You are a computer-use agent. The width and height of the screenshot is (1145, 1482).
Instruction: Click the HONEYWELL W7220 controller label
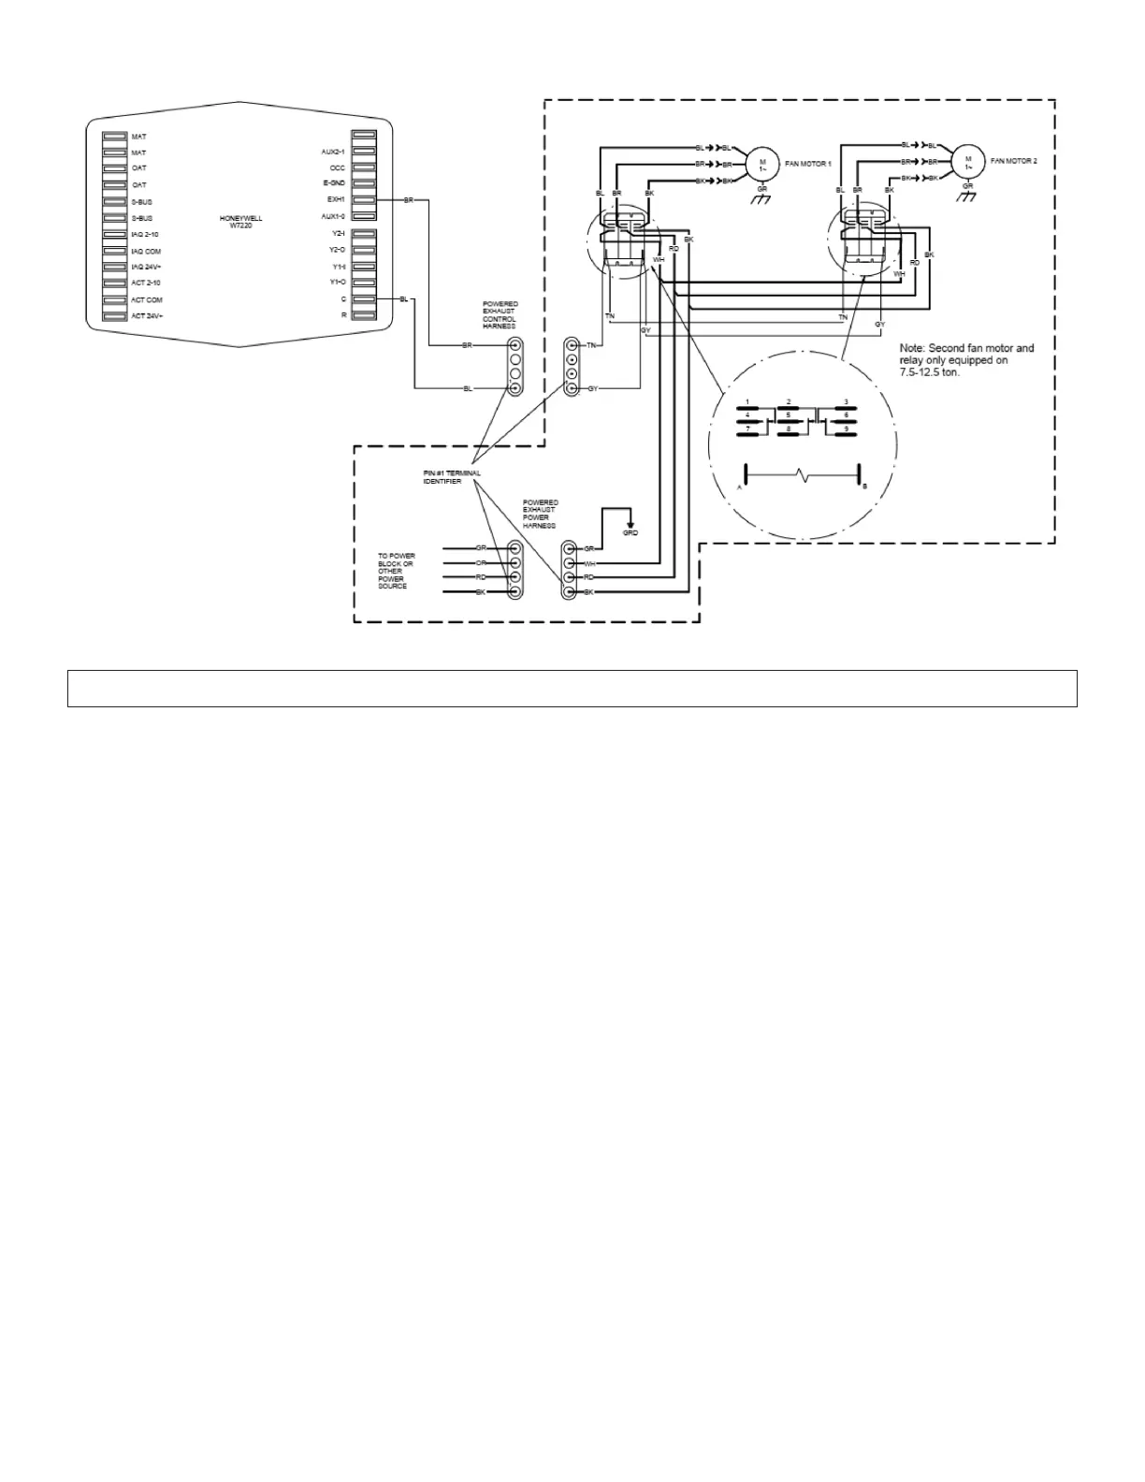pyautogui.click(x=240, y=222)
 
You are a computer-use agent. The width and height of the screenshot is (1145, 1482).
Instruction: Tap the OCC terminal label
pyautogui.click(x=337, y=167)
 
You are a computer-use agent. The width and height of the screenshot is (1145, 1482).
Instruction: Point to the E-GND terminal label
pyautogui.click(x=334, y=183)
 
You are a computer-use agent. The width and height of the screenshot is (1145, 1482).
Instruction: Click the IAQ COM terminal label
pyautogui.click(x=146, y=251)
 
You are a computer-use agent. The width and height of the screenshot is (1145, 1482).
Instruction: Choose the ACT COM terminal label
pyautogui.click(x=146, y=299)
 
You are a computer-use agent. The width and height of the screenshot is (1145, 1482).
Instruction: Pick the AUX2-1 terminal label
pyautogui.click(x=333, y=152)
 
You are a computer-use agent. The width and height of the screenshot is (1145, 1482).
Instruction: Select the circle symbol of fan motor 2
pyautogui.click(x=968, y=161)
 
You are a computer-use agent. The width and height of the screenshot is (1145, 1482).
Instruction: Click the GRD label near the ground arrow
pyautogui.click(x=630, y=532)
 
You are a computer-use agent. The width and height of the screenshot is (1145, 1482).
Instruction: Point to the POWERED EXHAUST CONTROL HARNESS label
pyautogui.click(x=500, y=315)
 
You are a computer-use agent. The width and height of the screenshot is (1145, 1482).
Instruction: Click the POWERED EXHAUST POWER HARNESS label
pyautogui.click(x=541, y=514)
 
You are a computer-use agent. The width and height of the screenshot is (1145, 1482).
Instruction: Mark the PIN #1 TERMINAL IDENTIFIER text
pyautogui.click(x=452, y=477)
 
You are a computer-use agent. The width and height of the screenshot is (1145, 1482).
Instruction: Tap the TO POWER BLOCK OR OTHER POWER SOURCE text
pyautogui.click(x=396, y=571)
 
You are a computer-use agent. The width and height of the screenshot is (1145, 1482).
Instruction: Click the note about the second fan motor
pyautogui.click(x=966, y=359)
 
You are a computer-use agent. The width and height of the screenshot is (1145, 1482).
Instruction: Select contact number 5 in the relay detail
pyautogui.click(x=789, y=414)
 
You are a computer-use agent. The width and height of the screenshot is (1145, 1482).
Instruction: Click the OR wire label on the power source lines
pyautogui.click(x=481, y=563)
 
